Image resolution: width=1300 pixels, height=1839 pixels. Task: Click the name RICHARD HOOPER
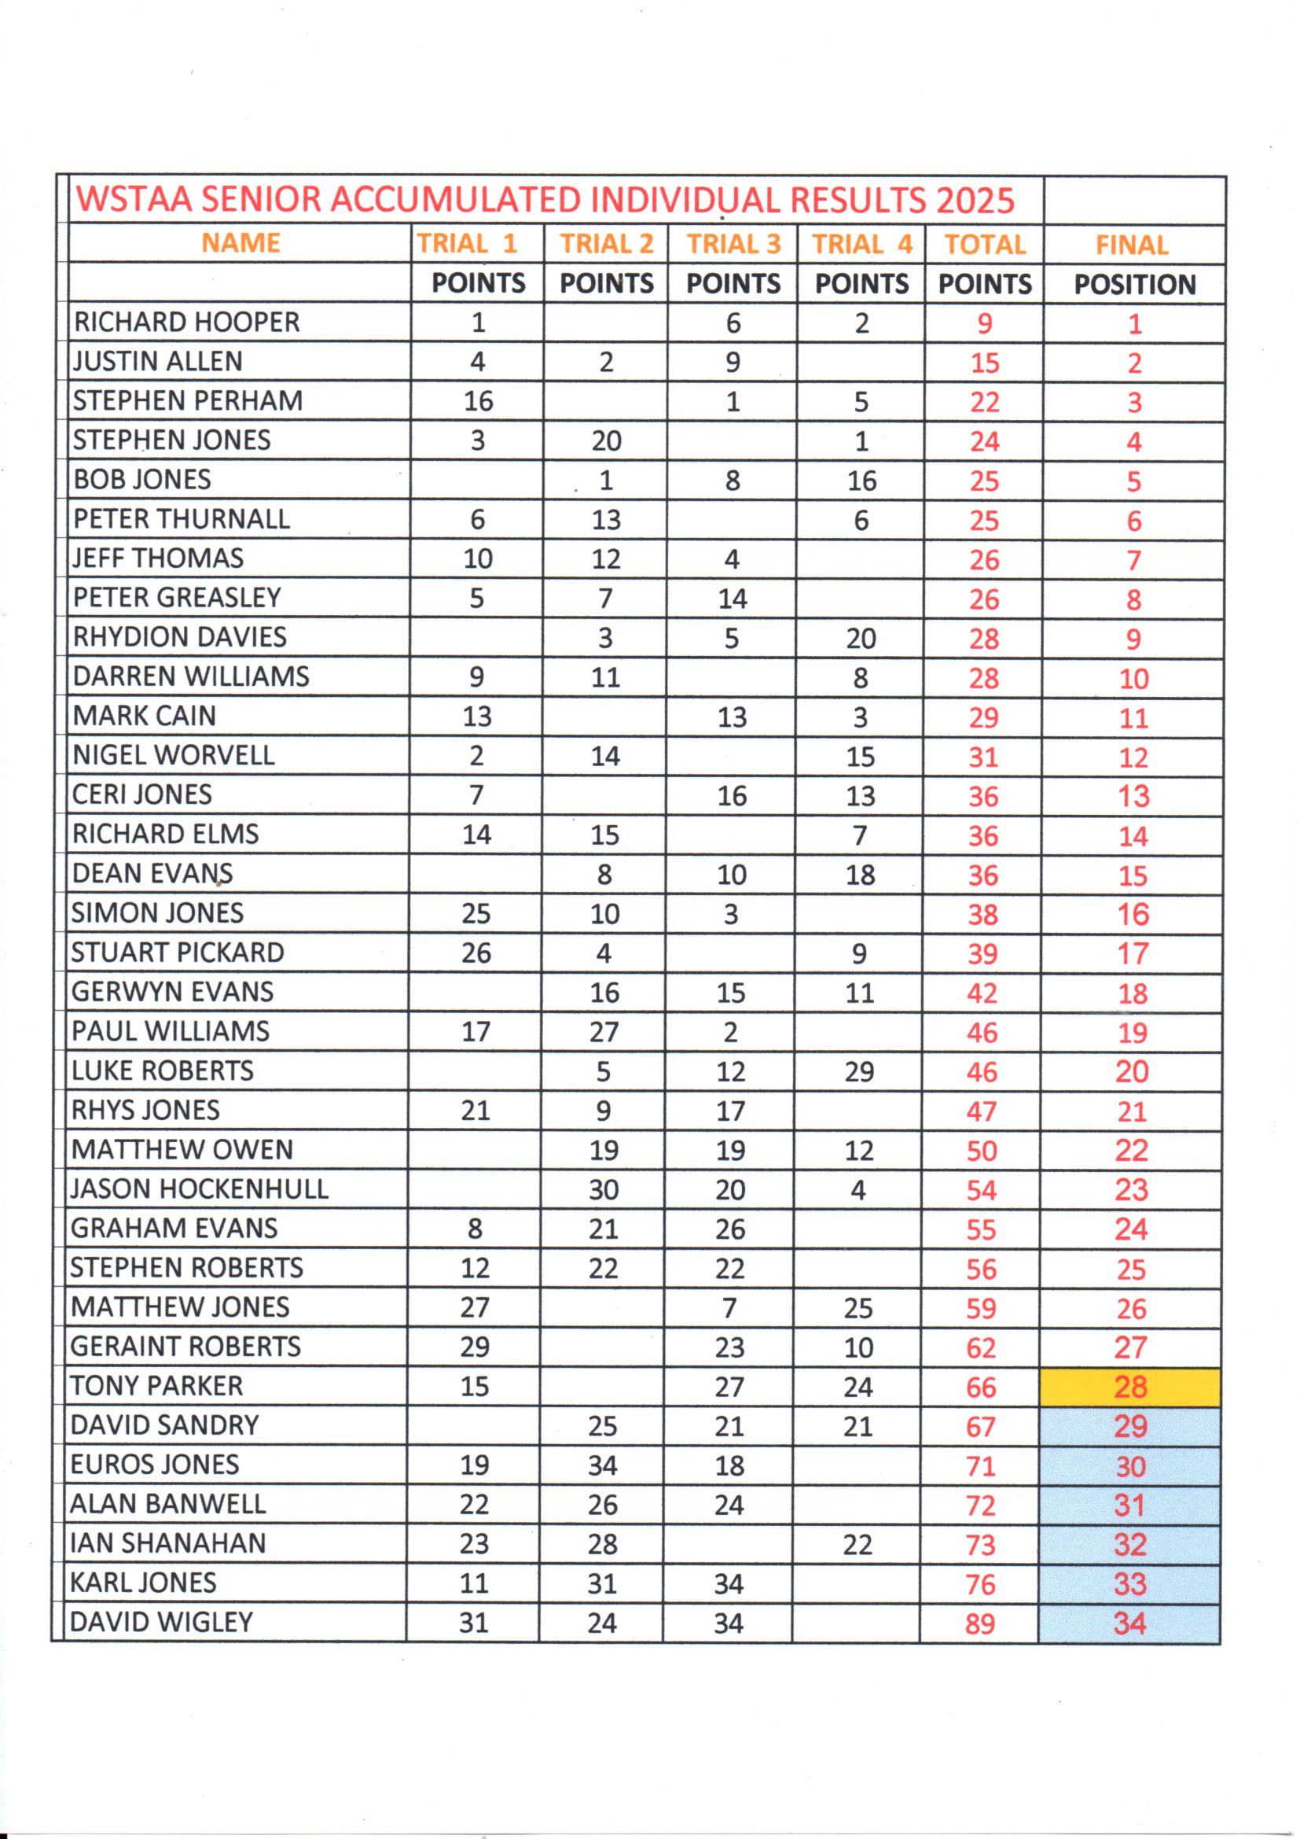pyautogui.click(x=186, y=322)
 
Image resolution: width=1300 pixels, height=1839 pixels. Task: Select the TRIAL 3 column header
pyautogui.click(x=733, y=244)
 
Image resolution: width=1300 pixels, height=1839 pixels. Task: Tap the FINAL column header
pyautogui.click(x=1132, y=245)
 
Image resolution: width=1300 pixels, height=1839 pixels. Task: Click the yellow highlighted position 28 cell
pyautogui.click(x=1130, y=1387)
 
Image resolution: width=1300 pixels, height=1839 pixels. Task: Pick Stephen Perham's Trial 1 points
pyautogui.click(x=478, y=401)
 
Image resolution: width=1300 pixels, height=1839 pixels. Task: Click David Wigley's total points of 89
pyautogui.click(x=980, y=1623)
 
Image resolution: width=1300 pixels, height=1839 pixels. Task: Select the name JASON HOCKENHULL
pyautogui.click(x=200, y=1189)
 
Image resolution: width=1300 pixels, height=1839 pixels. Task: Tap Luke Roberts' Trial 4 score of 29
pyautogui.click(x=859, y=1071)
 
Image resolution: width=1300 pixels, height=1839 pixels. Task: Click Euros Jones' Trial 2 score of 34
pyautogui.click(x=603, y=1465)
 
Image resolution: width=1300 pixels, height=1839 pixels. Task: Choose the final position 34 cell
pyautogui.click(x=1129, y=1623)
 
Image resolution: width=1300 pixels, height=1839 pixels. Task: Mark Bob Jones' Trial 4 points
pyautogui.click(x=861, y=481)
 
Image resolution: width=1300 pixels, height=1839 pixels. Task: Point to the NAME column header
pyautogui.click(x=241, y=243)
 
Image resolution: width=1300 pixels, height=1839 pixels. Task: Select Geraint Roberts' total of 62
pyautogui.click(x=981, y=1348)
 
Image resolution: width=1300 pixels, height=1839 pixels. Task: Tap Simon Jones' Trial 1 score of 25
pyautogui.click(x=476, y=914)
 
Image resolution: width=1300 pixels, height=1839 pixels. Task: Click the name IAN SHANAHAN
pyautogui.click(x=167, y=1543)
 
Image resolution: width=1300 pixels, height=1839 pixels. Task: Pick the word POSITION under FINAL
pyautogui.click(x=1134, y=284)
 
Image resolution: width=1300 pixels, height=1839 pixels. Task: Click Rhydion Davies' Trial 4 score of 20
pyautogui.click(x=861, y=639)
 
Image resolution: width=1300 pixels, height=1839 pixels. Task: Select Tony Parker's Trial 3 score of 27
pyautogui.click(x=729, y=1388)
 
